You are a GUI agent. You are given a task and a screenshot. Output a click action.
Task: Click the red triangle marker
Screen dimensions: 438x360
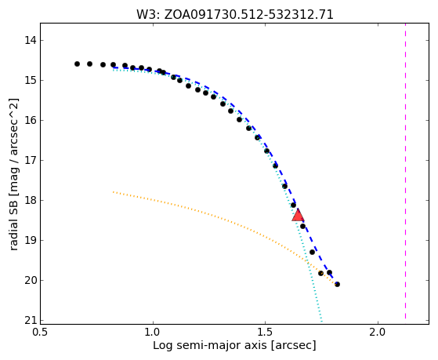click(298, 215)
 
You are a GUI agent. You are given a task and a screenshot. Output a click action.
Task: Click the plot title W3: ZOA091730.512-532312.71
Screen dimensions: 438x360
click(234, 14)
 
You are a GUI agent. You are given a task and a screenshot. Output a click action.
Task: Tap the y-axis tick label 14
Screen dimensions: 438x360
click(31, 40)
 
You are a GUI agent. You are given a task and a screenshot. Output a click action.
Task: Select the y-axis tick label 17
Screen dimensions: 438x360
click(31, 160)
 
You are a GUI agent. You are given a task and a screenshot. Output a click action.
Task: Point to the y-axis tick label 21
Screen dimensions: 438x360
click(31, 321)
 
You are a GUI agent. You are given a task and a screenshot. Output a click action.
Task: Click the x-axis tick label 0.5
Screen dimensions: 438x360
click(41, 333)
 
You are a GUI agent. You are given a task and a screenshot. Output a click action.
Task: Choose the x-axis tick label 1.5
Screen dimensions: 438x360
click(265, 333)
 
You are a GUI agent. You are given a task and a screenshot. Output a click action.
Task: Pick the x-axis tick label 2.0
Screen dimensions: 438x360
click(378, 333)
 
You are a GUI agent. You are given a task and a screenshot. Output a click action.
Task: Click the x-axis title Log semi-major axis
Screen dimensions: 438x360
click(210, 346)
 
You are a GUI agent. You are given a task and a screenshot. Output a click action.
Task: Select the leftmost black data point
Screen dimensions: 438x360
click(77, 64)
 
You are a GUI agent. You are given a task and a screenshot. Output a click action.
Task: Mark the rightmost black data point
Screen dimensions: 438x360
click(337, 285)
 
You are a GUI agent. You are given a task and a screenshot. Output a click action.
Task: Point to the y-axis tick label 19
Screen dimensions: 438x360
click(31, 240)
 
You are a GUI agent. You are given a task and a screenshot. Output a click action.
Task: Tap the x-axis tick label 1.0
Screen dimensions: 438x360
click(153, 333)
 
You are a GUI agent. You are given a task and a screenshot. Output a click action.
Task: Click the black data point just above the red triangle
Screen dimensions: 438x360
click(293, 205)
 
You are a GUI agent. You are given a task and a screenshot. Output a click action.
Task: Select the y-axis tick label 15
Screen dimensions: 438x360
click(31, 80)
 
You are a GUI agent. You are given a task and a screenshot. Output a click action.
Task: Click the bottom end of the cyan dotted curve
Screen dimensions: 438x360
click(321, 322)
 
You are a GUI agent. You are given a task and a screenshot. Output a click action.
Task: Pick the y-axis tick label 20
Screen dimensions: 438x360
click(31, 280)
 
